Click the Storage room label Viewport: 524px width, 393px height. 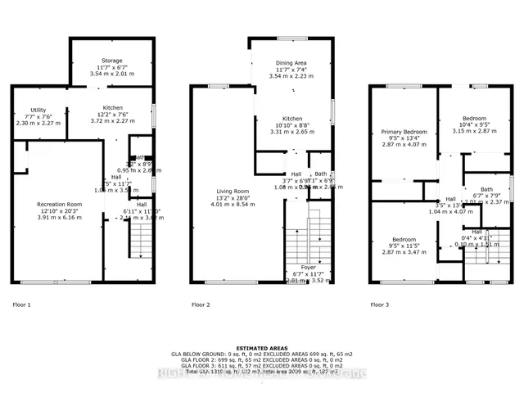[x=111, y=61]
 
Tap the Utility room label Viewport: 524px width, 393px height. [x=38, y=110]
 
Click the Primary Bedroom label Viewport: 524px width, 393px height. [x=404, y=131]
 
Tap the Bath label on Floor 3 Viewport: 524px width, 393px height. [x=487, y=189]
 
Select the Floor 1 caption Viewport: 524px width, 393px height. [x=22, y=305]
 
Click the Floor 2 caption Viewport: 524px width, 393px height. [x=201, y=305]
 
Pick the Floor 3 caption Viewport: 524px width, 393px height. [x=379, y=305]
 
